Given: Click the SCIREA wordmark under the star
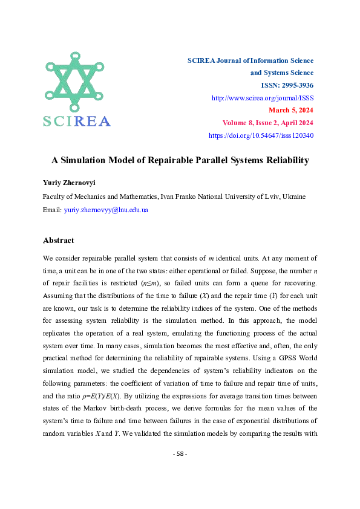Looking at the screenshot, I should coord(76,121).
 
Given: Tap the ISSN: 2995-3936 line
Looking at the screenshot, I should coord(287,85).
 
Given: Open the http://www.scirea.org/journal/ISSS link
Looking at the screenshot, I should coord(262,97).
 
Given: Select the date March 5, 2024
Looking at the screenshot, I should coord(290,110).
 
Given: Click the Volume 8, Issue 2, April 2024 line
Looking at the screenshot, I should coord(267,123).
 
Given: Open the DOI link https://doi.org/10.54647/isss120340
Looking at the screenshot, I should coord(261,135).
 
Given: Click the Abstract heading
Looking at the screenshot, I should coord(59,240).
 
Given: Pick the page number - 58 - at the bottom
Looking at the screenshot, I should coord(180,471).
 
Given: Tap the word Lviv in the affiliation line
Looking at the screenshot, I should coord(257,196).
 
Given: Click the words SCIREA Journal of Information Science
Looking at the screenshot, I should coord(250,60).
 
